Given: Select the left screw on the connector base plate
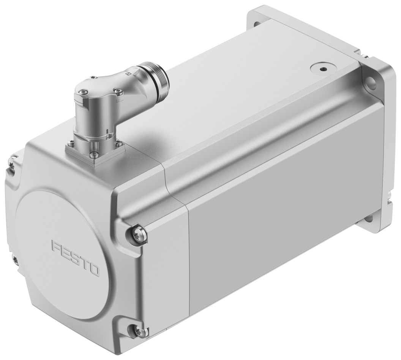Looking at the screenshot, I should pos(70,143).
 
